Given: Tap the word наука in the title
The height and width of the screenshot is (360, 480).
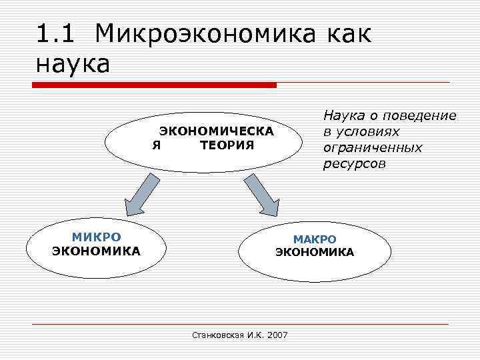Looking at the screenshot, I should pyautogui.click(x=73, y=65).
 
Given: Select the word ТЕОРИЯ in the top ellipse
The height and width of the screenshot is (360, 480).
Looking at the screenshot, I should pyautogui.click(x=227, y=145).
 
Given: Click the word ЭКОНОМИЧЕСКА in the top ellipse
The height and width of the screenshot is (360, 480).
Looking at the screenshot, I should pyautogui.click(x=216, y=131).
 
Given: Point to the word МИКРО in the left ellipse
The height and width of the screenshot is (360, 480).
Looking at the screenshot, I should pyautogui.click(x=97, y=237).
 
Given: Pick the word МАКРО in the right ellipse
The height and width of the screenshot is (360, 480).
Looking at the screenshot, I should pyautogui.click(x=315, y=239).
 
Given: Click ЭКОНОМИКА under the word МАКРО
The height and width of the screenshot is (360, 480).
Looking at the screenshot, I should pyautogui.click(x=315, y=252).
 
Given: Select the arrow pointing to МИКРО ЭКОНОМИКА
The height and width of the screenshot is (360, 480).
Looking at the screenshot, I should pyautogui.click(x=141, y=195).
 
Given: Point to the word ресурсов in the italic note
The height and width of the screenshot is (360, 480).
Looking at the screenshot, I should pyautogui.click(x=355, y=163).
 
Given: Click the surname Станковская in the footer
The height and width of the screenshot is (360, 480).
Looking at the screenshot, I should pyautogui.click(x=213, y=335).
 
